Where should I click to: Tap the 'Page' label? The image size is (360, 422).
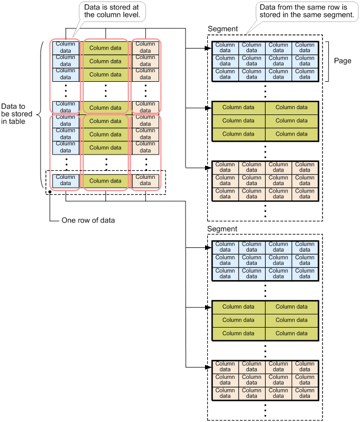(343, 61)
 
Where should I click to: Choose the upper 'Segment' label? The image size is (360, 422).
(223, 28)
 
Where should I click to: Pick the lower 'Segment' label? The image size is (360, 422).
(223, 229)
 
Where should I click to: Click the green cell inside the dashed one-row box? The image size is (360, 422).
(105, 181)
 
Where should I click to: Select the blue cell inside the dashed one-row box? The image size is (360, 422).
(65, 181)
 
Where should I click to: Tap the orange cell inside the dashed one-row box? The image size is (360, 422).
(145, 181)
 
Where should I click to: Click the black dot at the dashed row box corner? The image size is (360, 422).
(49, 192)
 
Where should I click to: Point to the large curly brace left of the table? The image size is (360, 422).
(42, 113)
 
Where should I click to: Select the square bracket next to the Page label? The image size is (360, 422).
(327, 61)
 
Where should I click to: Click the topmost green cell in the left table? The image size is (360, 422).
(105, 48)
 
